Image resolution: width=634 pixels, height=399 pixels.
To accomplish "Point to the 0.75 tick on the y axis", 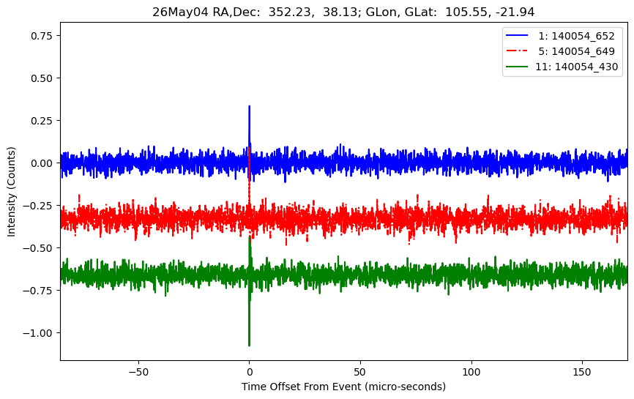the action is tap(42, 36).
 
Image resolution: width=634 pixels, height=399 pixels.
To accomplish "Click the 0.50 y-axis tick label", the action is tap(42, 78).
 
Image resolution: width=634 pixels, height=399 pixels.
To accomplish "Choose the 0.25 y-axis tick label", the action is tap(42, 121).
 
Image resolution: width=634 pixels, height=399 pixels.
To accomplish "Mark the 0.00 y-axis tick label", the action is tap(42, 163).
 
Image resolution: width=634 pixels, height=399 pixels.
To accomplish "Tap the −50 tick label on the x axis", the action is tap(138, 372).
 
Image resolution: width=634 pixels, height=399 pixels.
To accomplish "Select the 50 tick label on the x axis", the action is tap(360, 372).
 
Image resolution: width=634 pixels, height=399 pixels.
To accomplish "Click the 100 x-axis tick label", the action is tap(471, 372).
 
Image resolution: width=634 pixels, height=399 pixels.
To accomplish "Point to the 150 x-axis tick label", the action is tap(582, 372).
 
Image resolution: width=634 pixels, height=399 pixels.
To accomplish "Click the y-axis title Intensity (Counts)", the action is tap(11, 192).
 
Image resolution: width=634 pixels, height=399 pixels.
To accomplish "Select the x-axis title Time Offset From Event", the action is tap(301, 387).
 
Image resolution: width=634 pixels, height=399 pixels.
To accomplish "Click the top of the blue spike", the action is tap(249, 106).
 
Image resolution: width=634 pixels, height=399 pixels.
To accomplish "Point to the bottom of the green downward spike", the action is tap(249, 346).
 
